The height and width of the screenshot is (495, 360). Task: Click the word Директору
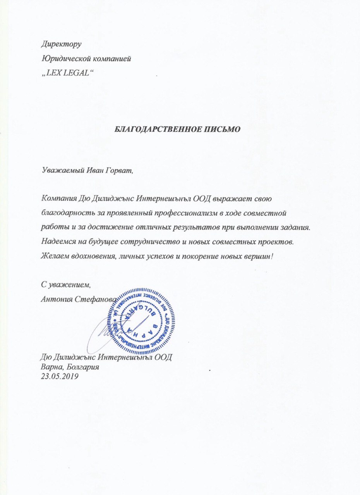[x=61, y=44]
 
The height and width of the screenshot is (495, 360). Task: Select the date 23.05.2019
[x=60, y=375]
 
